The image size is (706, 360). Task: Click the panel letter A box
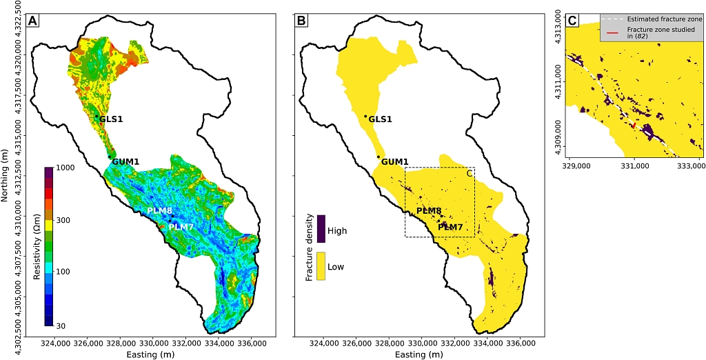click(32, 21)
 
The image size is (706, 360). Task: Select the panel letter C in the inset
click(572, 21)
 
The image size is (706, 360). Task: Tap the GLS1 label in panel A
click(111, 119)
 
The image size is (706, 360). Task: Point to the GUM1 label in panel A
click(125, 161)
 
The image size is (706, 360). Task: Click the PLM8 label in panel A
click(160, 211)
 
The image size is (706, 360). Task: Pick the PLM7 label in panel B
click(450, 227)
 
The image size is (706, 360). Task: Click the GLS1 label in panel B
click(380, 119)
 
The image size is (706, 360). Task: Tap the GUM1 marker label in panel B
click(395, 161)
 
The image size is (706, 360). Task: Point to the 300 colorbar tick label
click(65, 220)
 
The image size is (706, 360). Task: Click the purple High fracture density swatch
click(321, 228)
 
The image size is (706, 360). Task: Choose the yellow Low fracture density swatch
click(321, 266)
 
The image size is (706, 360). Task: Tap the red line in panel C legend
click(612, 32)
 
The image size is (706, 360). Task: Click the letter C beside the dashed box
click(470, 173)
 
